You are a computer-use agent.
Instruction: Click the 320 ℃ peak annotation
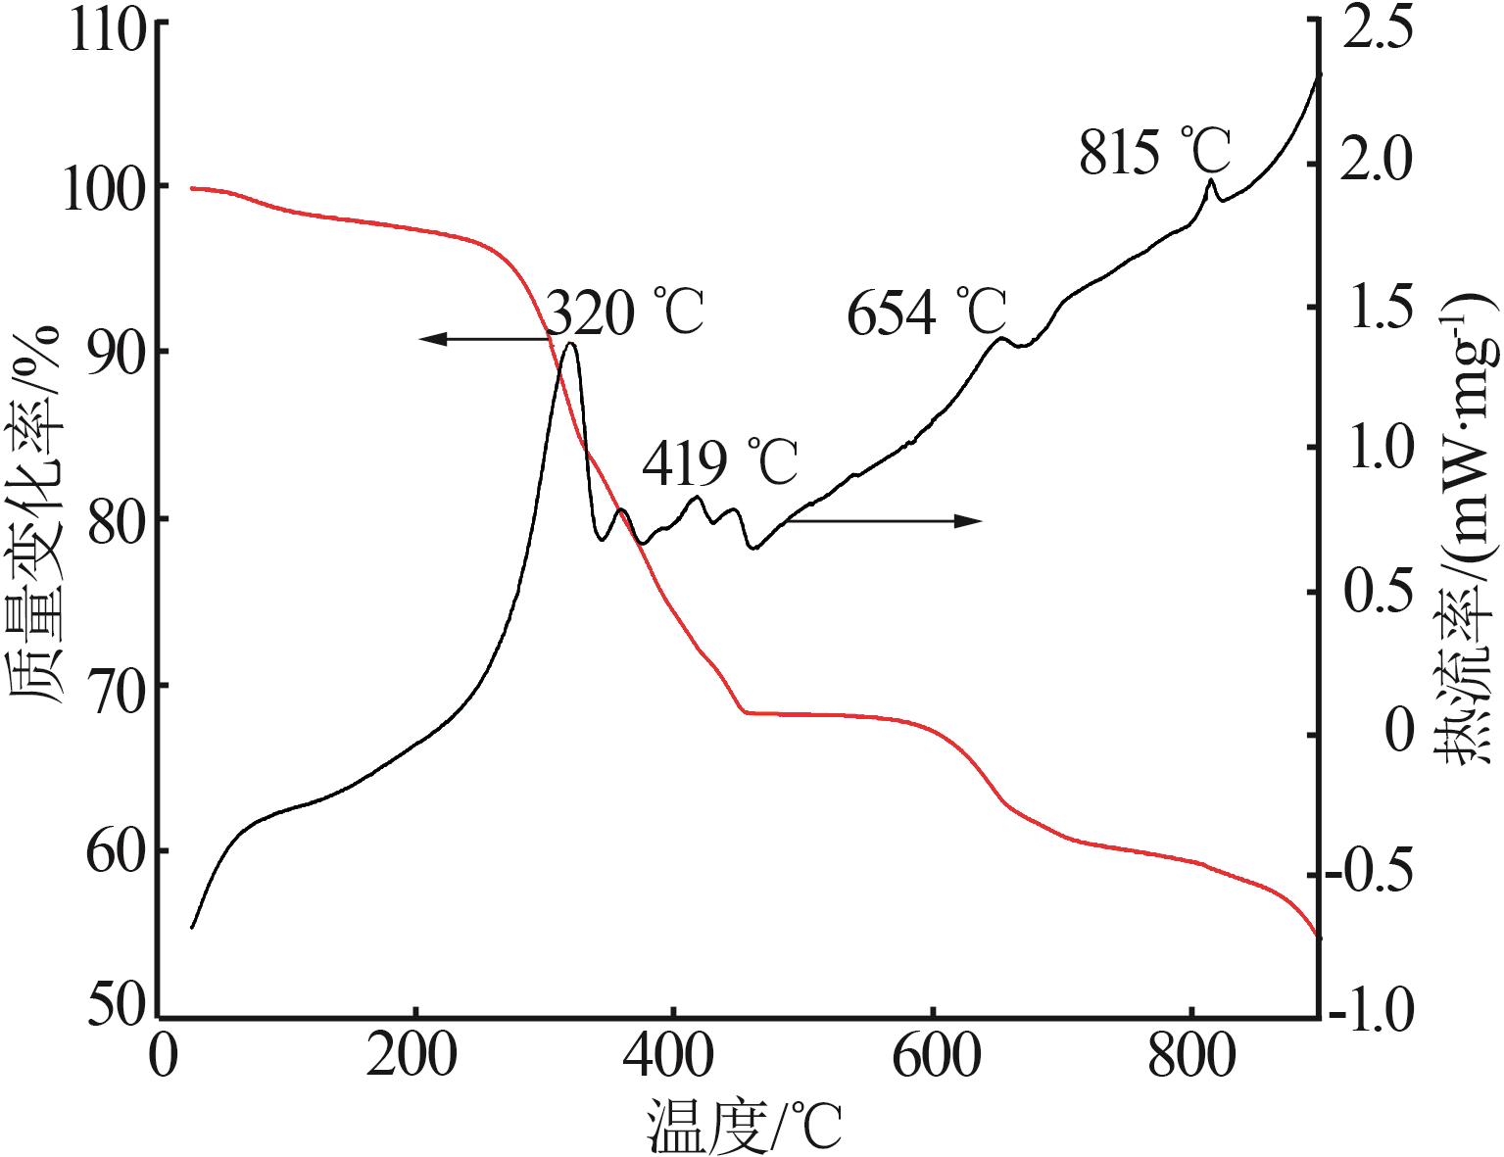point(624,313)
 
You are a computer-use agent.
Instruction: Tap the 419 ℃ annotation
point(720,463)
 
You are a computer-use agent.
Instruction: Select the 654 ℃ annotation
point(926,313)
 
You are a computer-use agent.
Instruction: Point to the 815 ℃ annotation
point(1155,154)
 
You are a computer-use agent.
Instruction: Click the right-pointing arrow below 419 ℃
point(882,520)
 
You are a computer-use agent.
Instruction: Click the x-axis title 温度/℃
point(745,1127)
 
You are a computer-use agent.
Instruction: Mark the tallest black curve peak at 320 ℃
point(571,344)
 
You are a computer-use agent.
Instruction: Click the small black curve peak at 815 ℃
point(1212,180)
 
